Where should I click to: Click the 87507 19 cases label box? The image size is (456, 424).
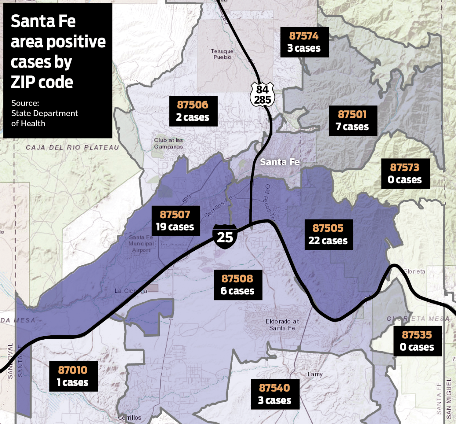coord(176,221)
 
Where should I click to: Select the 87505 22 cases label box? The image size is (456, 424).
coord(328,234)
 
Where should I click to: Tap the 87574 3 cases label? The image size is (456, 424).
coord(304,42)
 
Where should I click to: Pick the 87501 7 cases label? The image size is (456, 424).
coord(353,121)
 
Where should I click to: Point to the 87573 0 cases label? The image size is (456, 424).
coord(405,174)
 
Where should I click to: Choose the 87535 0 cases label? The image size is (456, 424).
coord(417,341)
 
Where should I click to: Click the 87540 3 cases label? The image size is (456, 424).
coord(275,394)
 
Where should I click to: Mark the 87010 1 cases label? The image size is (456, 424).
coord(73,376)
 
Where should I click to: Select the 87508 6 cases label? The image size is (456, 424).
coord(238,285)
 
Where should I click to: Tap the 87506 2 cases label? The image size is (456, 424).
coord(193,111)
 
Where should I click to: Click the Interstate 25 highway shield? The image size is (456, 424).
coord(225,236)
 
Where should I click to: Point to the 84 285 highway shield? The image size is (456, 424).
coord(262,94)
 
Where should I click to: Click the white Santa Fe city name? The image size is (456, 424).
coord(280,162)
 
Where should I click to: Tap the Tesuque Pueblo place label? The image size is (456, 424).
coord(222,54)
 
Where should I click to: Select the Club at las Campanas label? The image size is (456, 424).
coord(168,143)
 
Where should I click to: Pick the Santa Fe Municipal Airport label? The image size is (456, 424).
coord(141,244)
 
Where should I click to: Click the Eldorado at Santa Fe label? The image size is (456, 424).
coord(282,325)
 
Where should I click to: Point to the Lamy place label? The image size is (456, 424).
coord(315,374)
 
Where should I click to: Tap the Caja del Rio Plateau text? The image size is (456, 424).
coord(72,147)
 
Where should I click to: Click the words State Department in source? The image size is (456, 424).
coord(45,113)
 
